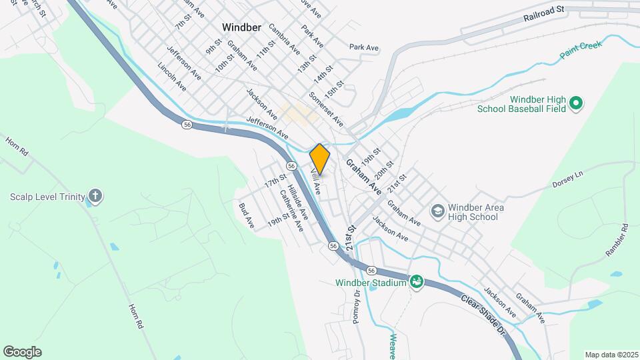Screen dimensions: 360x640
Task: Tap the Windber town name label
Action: click(x=245, y=28)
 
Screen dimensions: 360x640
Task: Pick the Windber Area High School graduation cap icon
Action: click(x=437, y=212)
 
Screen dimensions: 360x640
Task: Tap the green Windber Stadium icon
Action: click(x=417, y=283)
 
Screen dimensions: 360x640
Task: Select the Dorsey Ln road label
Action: click(x=567, y=179)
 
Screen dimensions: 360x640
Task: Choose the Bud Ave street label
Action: click(x=246, y=213)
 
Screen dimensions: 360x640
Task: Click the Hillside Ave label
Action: click(x=297, y=203)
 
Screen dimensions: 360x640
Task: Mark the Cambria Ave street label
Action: click(x=285, y=39)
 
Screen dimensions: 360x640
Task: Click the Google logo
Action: click(x=22, y=352)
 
